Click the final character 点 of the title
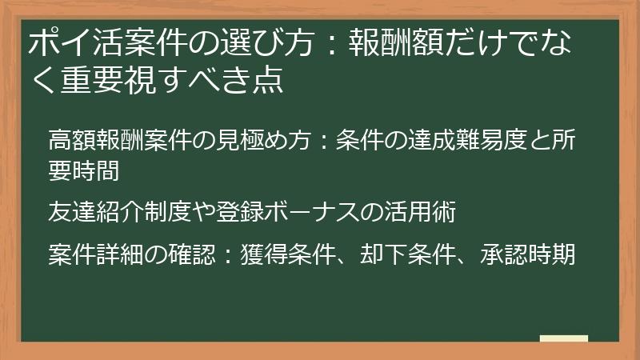pos(270,81)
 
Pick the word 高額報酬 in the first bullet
pos(96,141)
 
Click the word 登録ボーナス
pos(309,214)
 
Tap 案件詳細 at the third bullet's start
pos(96,255)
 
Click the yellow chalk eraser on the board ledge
pos(563,338)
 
